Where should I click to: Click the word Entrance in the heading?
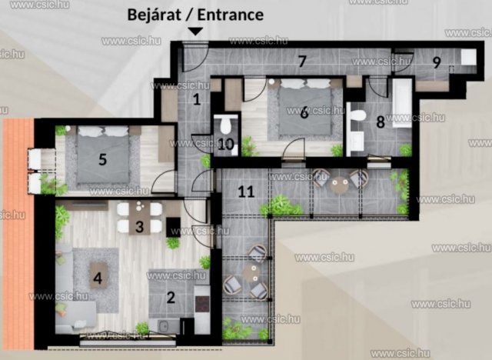click(x=231, y=15)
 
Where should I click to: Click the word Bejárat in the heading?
click(x=154, y=15)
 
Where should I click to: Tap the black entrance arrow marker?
click(x=195, y=31)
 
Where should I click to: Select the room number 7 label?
click(x=302, y=61)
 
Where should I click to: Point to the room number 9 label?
click(x=437, y=62)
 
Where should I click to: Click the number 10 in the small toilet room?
click(x=225, y=145)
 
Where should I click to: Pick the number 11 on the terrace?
click(x=246, y=192)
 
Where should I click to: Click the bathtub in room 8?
click(x=401, y=102)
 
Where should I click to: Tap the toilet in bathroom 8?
click(x=357, y=115)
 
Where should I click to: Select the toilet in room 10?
click(x=225, y=125)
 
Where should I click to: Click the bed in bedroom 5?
click(x=103, y=155)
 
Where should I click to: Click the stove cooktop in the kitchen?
click(x=202, y=304)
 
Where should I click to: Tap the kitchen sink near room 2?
click(x=164, y=326)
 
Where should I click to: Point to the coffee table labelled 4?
click(x=99, y=275)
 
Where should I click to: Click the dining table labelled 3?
click(x=139, y=218)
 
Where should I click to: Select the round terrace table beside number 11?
click(x=339, y=185)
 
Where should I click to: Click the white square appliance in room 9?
click(x=468, y=57)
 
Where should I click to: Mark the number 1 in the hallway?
click(x=197, y=99)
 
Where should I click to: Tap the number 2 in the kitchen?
click(x=171, y=298)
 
